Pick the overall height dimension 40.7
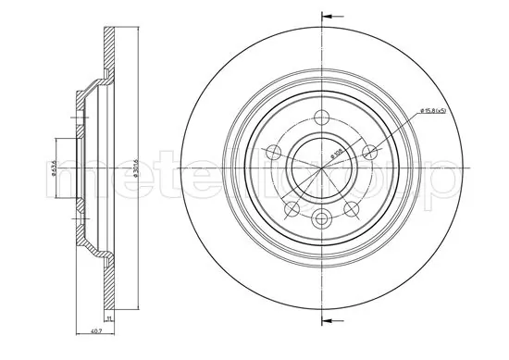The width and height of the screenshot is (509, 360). coord(95,331)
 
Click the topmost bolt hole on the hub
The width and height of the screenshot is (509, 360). coord(321,118)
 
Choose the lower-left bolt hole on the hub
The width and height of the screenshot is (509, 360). coord(291,208)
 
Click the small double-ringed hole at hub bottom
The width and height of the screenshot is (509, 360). coord(321,218)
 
